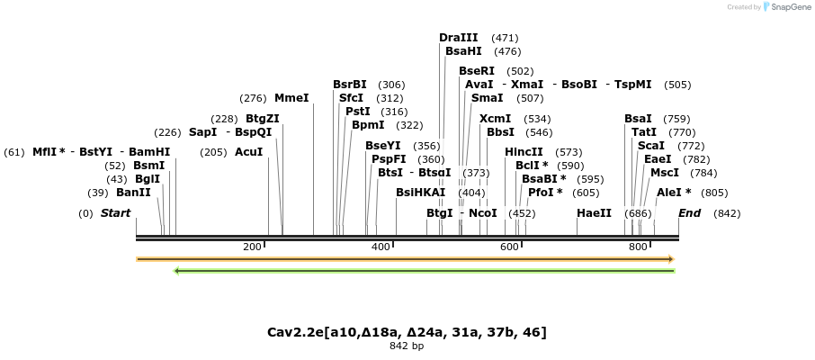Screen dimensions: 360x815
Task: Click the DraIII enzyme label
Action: click(x=459, y=38)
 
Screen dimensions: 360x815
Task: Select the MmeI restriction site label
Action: click(x=291, y=98)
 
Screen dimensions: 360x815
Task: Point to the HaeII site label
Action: click(x=594, y=213)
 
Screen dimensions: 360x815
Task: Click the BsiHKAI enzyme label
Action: click(x=420, y=193)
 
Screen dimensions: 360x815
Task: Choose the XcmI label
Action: click(x=495, y=119)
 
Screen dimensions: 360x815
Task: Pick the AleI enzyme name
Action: click(x=674, y=193)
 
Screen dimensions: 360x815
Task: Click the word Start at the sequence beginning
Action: click(x=115, y=213)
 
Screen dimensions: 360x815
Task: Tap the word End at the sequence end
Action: click(x=690, y=213)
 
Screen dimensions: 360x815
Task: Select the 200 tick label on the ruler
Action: click(x=252, y=247)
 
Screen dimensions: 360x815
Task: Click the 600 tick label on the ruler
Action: click(x=509, y=247)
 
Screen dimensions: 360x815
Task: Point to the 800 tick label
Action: click(x=638, y=247)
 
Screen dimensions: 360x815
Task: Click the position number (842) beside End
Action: click(x=727, y=213)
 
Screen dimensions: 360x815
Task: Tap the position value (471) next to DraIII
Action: click(x=505, y=38)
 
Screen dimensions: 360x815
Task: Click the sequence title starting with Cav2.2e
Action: click(x=407, y=332)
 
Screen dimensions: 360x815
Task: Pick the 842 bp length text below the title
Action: click(x=407, y=346)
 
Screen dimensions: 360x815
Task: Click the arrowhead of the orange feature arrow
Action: click(x=671, y=259)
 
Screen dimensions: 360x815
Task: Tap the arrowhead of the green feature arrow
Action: click(x=177, y=270)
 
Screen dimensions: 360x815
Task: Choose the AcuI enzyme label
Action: click(x=249, y=152)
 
